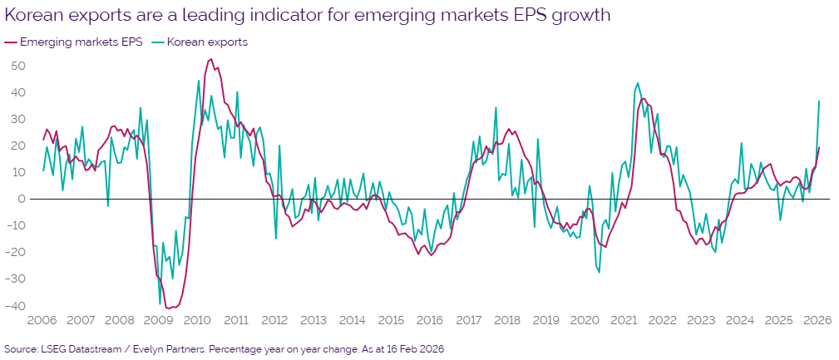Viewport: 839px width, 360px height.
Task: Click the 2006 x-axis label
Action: [42, 320]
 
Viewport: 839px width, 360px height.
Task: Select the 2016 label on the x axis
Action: [430, 320]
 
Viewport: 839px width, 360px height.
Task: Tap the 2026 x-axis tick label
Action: [818, 320]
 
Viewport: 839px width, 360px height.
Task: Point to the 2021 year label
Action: [624, 320]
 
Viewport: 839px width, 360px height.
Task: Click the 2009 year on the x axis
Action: [158, 320]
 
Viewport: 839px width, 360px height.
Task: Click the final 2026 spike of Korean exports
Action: [819, 101]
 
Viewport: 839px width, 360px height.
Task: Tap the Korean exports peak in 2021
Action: [637, 83]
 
